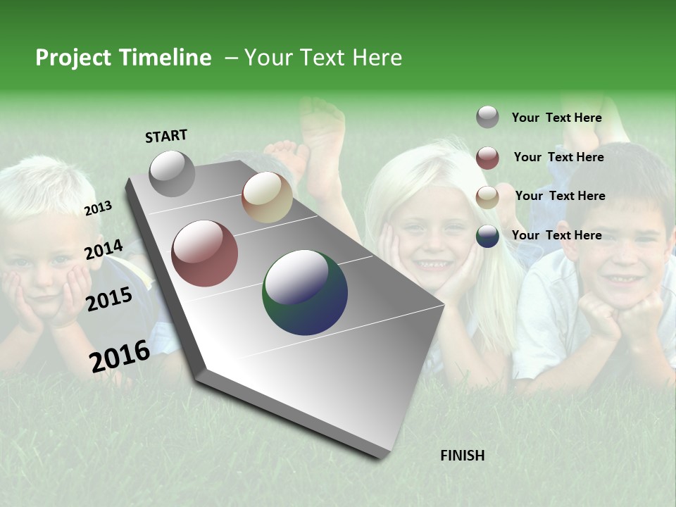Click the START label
[166, 136]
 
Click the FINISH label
[462, 456]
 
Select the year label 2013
[98, 208]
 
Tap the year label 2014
[104, 250]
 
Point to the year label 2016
[120, 356]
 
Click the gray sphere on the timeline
[173, 173]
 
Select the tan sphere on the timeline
[267, 197]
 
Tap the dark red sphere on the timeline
[205, 254]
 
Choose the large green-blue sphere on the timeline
[305, 292]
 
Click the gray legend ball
[487, 117]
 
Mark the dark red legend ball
[487, 158]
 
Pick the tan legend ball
[487, 197]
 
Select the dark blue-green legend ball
[487, 236]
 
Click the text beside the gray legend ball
[556, 118]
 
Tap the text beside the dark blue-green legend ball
[556, 235]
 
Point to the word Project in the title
[73, 58]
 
